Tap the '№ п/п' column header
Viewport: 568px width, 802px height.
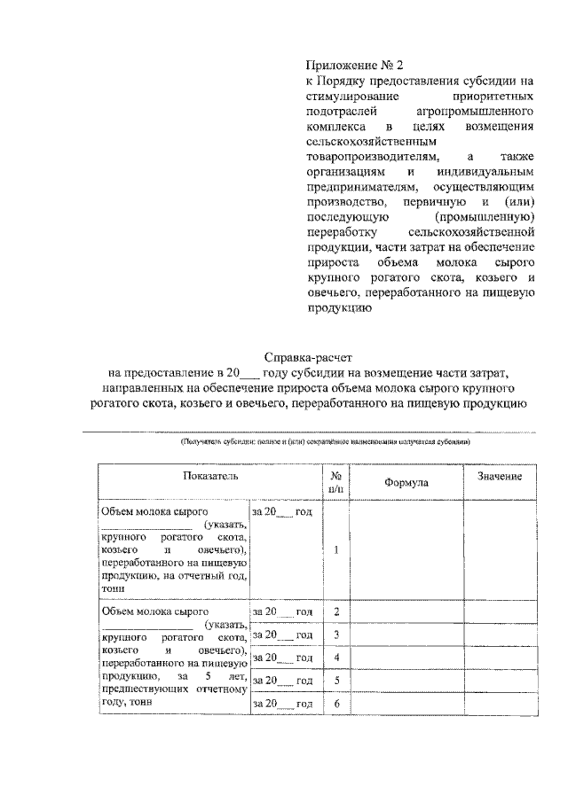point(336,481)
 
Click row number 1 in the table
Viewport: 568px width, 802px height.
point(336,549)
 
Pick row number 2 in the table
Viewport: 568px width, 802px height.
point(336,612)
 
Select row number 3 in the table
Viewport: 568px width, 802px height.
point(336,635)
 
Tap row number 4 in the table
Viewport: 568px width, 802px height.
point(336,658)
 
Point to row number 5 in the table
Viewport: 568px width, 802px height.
point(336,681)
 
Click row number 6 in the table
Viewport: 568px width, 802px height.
point(336,704)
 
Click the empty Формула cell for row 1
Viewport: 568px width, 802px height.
point(406,549)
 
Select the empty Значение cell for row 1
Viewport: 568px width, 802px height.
point(499,549)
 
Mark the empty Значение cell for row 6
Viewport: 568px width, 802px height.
point(499,704)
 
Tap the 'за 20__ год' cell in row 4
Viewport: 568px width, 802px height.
point(283,658)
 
